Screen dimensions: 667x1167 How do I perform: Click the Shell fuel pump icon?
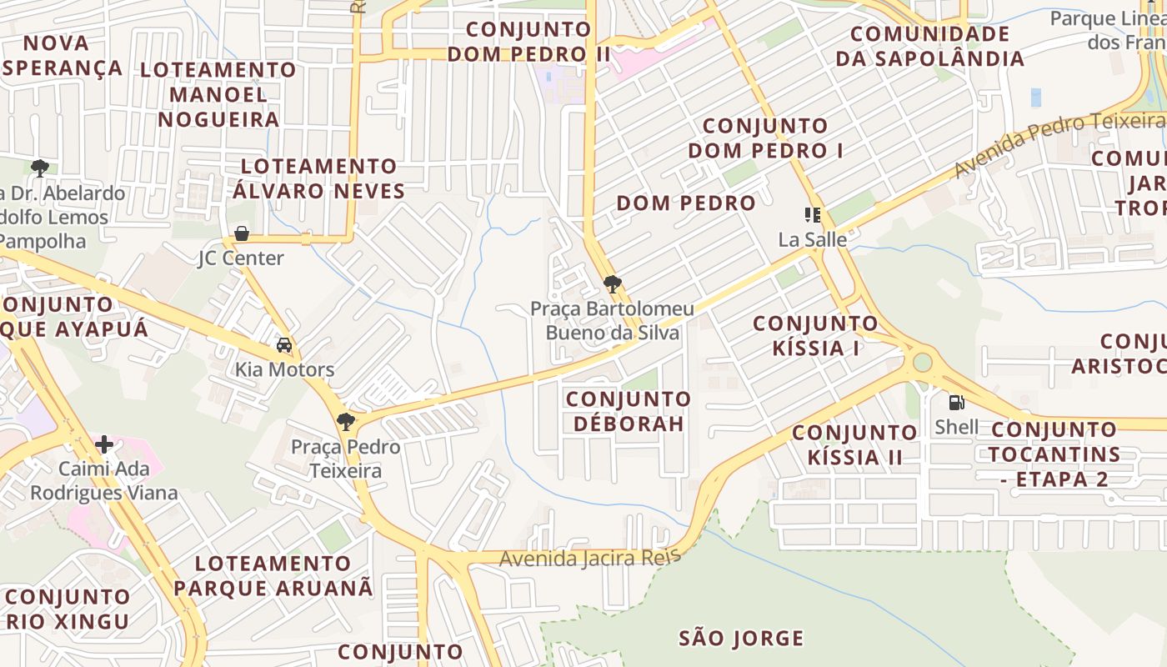pos(956,403)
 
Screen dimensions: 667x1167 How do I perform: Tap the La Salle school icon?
pos(812,215)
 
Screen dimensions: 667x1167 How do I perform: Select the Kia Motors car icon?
pos(284,345)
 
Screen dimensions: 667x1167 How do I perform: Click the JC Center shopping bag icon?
pos(242,233)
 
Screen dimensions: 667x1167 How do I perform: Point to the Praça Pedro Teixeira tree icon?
pos(346,422)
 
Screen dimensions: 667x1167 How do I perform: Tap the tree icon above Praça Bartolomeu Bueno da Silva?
pos(612,284)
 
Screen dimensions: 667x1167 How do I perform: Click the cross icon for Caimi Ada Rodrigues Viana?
pos(104,444)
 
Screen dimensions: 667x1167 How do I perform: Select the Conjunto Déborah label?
pos(629,411)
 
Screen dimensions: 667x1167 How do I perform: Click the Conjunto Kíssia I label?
pos(815,335)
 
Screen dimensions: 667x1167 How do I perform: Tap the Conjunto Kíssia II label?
pos(854,444)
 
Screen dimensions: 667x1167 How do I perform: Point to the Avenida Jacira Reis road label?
pos(590,558)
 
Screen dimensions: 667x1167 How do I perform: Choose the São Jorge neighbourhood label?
pos(741,639)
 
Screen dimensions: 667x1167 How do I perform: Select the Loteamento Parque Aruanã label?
pos(273,575)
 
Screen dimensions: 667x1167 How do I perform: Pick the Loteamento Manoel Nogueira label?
pos(218,93)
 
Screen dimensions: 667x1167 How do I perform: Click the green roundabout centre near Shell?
pos(922,363)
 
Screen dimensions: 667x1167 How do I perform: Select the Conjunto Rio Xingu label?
pos(68,609)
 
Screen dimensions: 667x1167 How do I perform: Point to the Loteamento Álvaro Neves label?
pos(318,178)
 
